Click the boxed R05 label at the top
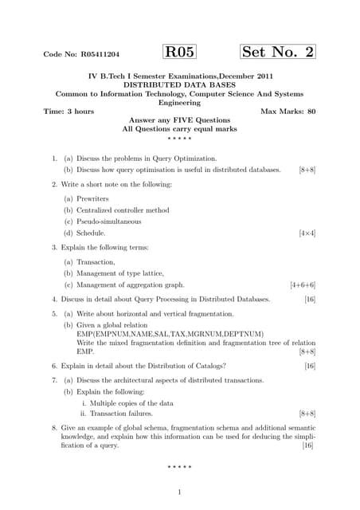tap(179, 53)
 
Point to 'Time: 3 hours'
tap(68, 112)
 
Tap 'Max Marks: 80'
tap(288, 112)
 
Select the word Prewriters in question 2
tap(95, 198)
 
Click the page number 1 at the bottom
tap(180, 491)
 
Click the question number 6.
tap(53, 366)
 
